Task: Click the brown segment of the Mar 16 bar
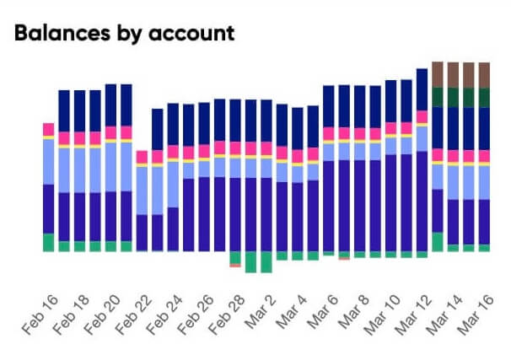484,74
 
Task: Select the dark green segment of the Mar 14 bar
453,97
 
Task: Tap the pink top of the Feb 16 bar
49,128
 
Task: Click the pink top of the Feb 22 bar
142,156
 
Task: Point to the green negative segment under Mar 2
266,261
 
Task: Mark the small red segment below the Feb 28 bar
235,265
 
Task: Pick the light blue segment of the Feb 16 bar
49,160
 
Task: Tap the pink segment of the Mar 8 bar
360,133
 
